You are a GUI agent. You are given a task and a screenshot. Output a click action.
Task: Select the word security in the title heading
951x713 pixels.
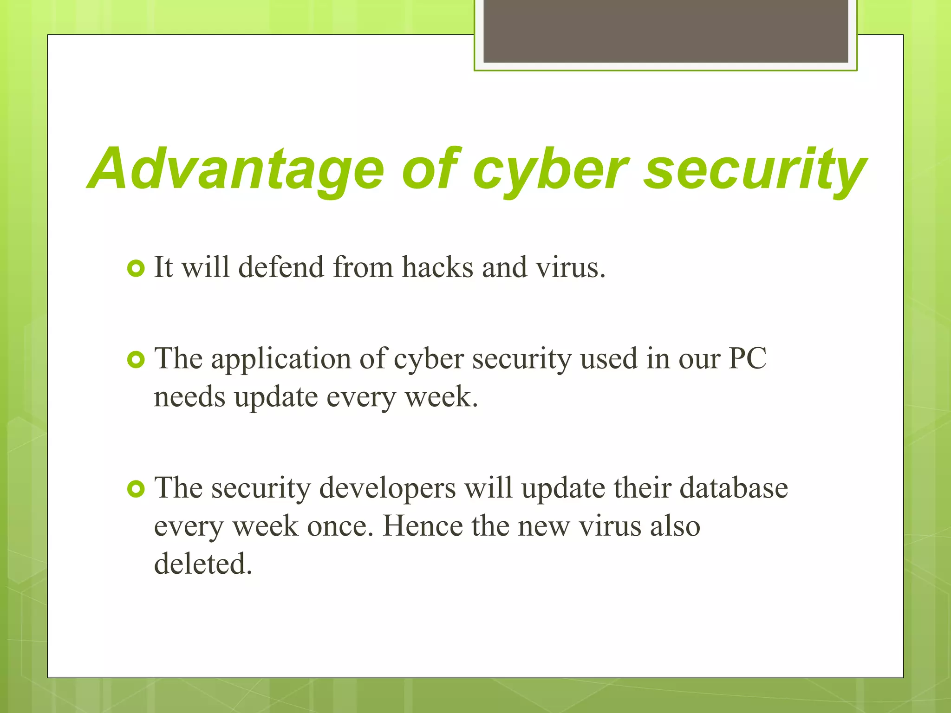(x=755, y=169)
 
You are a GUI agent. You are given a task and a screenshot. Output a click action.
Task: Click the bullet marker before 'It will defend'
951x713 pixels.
(x=136, y=268)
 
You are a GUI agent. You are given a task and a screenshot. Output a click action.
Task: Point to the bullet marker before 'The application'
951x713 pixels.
(x=136, y=360)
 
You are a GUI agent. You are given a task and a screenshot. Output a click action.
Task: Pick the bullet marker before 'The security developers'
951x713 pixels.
(x=136, y=489)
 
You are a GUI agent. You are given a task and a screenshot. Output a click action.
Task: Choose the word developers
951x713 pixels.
(x=387, y=489)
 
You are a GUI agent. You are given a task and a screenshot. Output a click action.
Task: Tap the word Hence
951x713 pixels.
(x=423, y=526)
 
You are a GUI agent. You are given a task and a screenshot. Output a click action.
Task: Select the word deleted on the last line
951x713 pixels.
(x=203, y=564)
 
